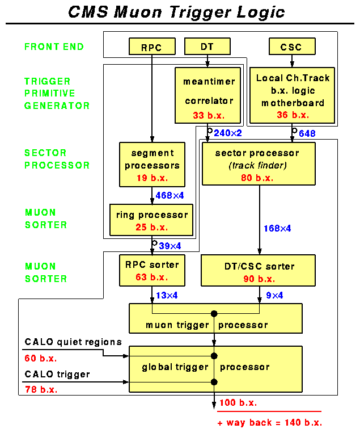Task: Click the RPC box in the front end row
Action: [151, 47]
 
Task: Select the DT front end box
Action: [207, 47]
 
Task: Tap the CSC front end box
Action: [291, 47]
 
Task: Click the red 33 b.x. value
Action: [208, 115]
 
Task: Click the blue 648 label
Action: [307, 134]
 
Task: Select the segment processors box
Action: [152, 164]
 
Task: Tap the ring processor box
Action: [151, 221]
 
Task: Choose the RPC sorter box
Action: [151, 270]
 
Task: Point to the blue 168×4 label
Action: [277, 228]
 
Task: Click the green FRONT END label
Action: [54, 47]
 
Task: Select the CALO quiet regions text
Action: [73, 342]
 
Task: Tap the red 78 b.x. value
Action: [41, 389]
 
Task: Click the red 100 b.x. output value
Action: [238, 403]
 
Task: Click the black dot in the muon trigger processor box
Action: [214, 314]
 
